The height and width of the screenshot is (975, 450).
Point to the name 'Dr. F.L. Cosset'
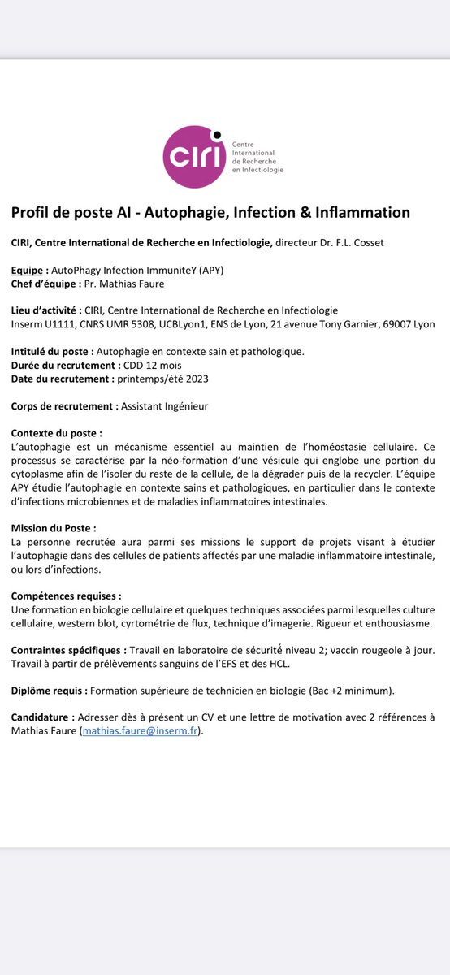tap(355, 242)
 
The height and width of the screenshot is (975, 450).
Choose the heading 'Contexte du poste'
tap(56, 433)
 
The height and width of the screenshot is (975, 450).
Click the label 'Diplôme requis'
tap(48, 691)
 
